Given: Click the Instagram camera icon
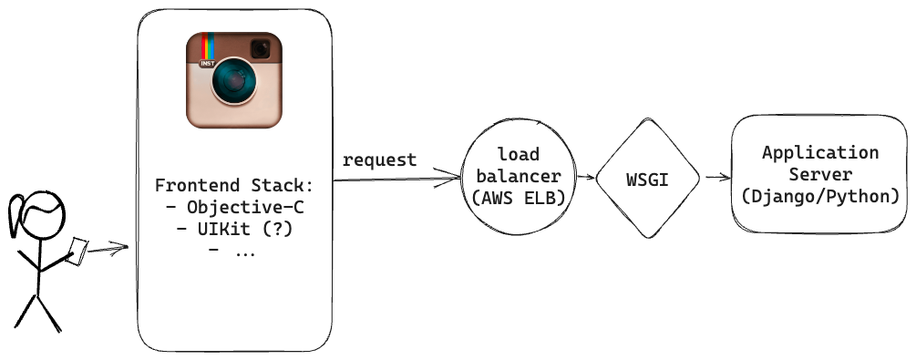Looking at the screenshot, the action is point(234,80).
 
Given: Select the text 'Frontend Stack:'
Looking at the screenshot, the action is point(234,185).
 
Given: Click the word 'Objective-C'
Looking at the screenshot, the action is point(242,208).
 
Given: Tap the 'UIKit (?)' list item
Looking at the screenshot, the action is point(235,230).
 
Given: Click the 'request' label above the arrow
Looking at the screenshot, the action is point(380,160).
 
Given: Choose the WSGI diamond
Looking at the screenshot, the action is point(648,179).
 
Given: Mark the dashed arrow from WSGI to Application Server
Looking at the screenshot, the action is point(716,179).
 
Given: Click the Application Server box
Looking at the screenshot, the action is point(820,173).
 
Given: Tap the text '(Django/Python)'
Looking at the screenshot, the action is point(820,196).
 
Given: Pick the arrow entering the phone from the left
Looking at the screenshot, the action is point(109,249).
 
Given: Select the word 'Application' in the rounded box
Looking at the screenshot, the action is point(820,152).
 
